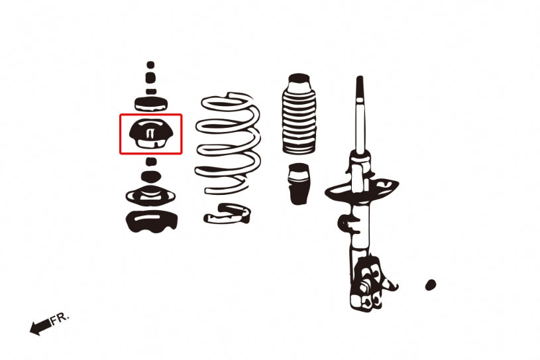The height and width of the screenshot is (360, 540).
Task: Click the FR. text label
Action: tap(60, 318)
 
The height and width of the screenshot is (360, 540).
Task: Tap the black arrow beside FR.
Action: tap(40, 326)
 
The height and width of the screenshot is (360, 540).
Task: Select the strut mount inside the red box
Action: tap(150, 134)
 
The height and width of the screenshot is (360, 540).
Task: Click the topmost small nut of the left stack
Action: tap(150, 66)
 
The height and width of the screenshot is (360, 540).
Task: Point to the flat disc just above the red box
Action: tap(150, 103)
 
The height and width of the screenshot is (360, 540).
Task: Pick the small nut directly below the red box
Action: tap(151, 161)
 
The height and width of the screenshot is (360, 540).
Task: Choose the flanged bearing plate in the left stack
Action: tap(150, 197)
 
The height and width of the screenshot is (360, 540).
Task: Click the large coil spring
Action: tap(228, 143)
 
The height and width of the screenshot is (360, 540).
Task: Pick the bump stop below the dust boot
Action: tap(299, 184)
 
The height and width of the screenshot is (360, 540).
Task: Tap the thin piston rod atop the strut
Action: tap(360, 113)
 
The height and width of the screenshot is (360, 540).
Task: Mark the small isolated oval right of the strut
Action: tap(430, 285)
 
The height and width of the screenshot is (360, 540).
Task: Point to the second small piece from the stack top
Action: tap(150, 78)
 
